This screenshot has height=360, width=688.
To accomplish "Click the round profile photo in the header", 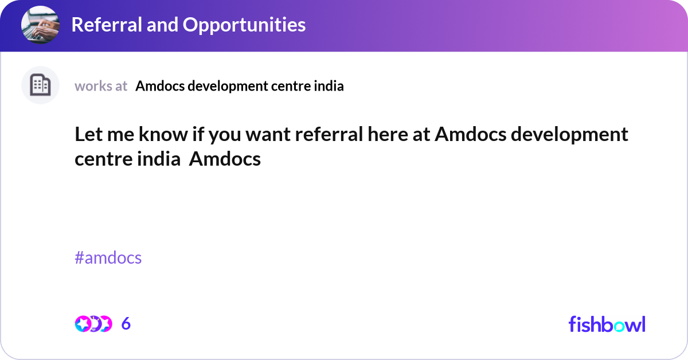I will point(40,25).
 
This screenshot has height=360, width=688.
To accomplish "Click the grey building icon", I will point(40,85).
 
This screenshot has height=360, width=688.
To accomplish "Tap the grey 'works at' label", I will point(101,86).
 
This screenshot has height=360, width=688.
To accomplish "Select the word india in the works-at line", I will point(329,86).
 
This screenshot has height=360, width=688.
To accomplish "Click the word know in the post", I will point(155,135).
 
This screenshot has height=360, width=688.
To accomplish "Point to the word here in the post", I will point(390,135).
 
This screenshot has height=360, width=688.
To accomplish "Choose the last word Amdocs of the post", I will point(225,159).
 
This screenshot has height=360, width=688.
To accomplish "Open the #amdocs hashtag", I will point(108,258).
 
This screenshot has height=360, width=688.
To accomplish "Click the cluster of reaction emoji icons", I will point(93,324).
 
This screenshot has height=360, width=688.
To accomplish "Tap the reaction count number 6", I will point(126,324).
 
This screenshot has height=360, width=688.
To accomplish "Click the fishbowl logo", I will point(607,324).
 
